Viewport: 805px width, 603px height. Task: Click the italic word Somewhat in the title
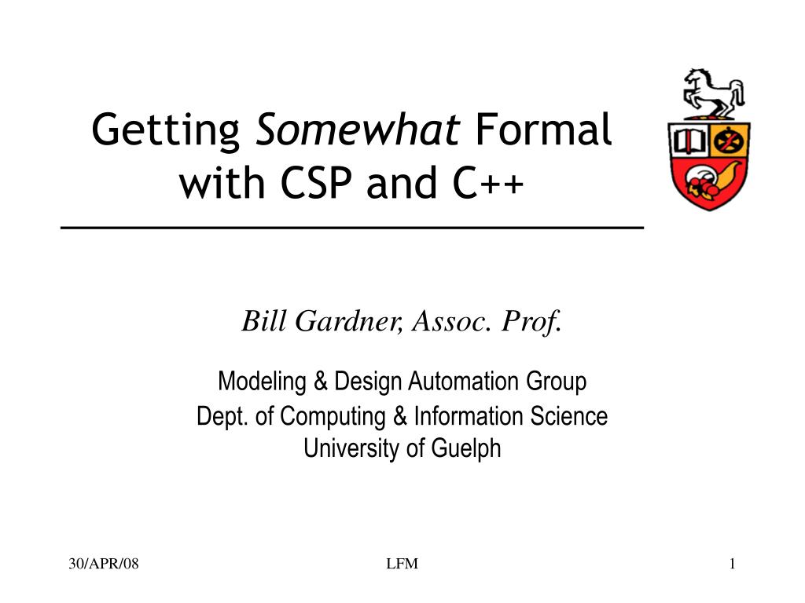(x=358, y=130)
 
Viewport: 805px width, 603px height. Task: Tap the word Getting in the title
(x=166, y=131)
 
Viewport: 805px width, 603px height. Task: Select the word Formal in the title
(x=544, y=130)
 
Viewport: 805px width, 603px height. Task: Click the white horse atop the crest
(x=711, y=93)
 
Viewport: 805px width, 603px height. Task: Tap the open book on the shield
(x=689, y=141)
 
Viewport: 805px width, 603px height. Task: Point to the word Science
(x=569, y=416)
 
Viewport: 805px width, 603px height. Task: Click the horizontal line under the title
(x=352, y=227)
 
